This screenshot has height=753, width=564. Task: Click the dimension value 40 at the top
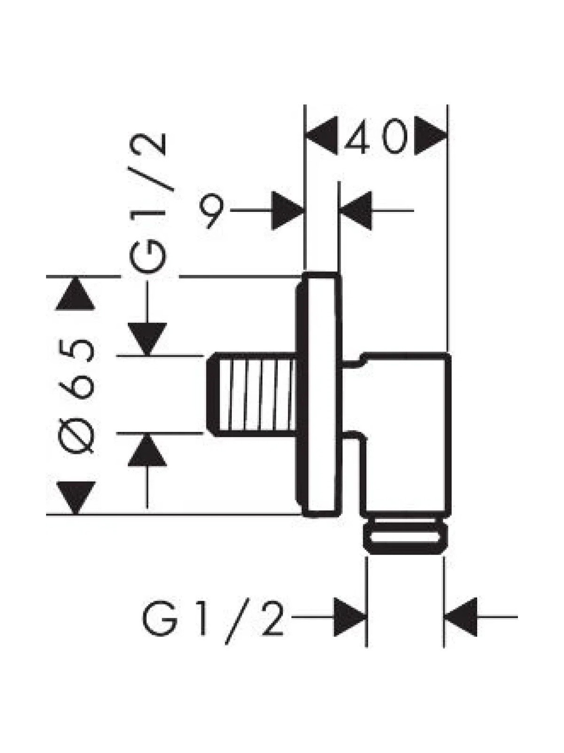[x=376, y=136]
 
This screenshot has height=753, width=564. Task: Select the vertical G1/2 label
[x=148, y=202]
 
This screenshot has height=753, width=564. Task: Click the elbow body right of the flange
[x=404, y=436]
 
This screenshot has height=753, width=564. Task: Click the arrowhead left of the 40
[x=321, y=136]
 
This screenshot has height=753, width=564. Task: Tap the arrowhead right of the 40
[x=431, y=136]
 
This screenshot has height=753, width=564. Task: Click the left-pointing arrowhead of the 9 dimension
[x=355, y=210]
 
